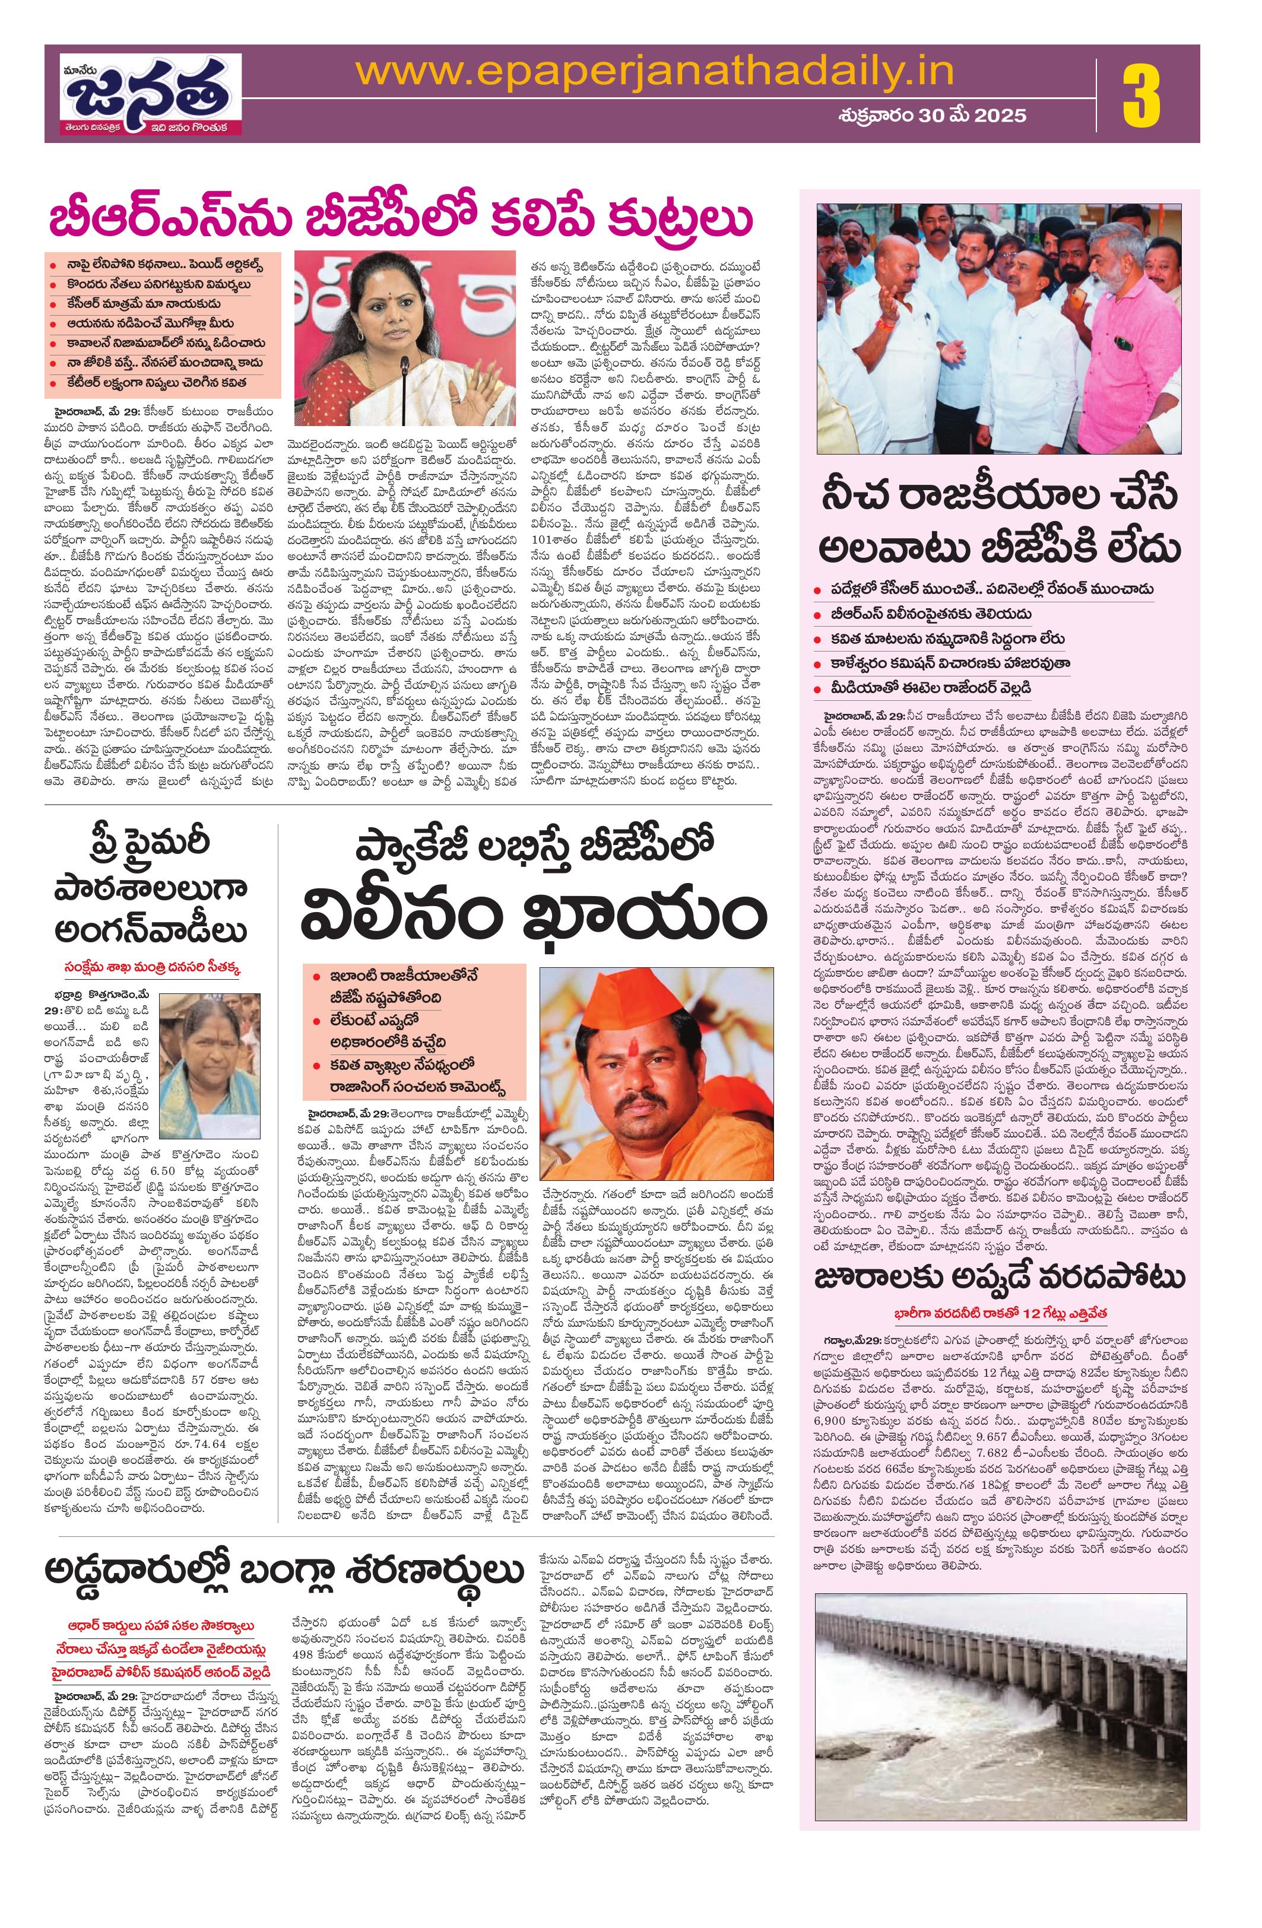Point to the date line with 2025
(931, 115)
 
